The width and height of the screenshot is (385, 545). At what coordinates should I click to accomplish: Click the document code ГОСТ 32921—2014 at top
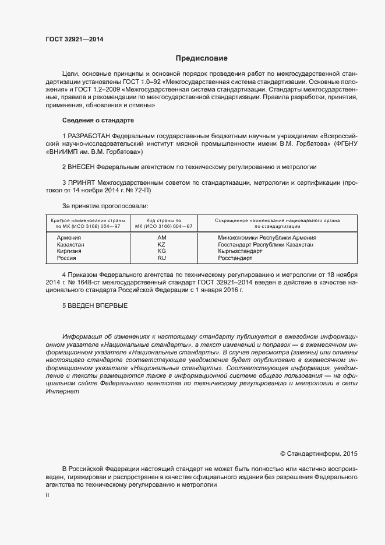pos(75,40)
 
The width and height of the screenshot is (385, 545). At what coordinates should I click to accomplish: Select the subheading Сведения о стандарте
pos(98,120)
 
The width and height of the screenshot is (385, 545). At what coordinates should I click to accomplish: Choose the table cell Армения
pos(69,238)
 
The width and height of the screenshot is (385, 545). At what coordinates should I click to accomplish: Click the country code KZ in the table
pos(161,245)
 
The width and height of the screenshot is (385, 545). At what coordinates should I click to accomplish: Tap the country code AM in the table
pos(161,238)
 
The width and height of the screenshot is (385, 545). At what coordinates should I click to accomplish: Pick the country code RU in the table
pos(161,258)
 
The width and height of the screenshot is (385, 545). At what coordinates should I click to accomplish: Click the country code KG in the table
pos(161,251)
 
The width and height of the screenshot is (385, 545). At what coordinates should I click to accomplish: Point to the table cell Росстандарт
pos(235,258)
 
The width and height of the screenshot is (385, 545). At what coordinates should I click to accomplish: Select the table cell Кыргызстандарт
pos(239,251)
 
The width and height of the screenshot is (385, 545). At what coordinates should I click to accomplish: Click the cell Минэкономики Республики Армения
pos(267,238)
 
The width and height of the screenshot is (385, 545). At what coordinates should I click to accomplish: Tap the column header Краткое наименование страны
pos(88,220)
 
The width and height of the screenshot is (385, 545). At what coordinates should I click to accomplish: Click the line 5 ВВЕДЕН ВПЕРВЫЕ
pos(95,305)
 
